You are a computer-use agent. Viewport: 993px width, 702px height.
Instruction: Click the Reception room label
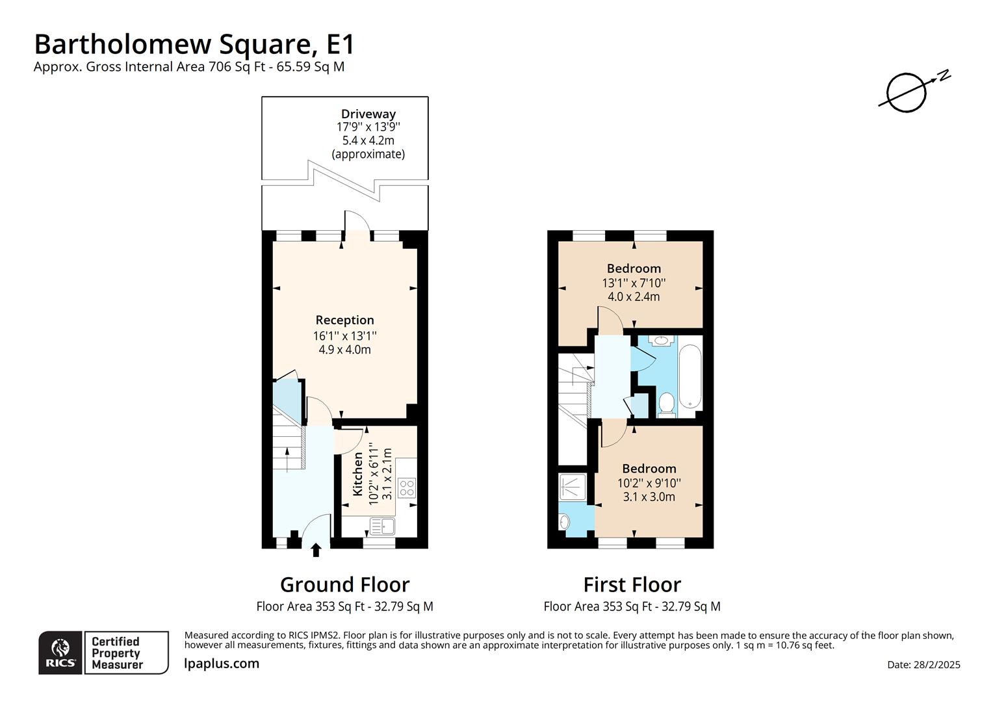coord(344,320)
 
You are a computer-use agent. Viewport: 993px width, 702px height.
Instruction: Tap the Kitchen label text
coord(358,474)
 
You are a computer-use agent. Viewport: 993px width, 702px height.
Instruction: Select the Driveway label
coord(368,114)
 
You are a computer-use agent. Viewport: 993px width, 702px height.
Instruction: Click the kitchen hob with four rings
coord(407,487)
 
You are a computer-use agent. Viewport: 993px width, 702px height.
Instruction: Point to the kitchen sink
coord(382,525)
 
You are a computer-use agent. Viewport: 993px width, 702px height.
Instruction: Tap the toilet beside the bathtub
coord(666,403)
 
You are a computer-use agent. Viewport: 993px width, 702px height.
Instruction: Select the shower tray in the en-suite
coord(573,487)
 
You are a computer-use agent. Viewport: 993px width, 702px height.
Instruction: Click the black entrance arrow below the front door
coord(316,551)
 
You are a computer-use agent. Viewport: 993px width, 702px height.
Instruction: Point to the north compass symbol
coord(908,92)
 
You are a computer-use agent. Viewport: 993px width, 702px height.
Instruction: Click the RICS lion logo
coord(60,652)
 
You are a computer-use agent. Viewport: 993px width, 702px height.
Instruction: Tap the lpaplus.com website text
coord(222,664)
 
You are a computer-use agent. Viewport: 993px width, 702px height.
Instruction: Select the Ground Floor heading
coord(344,584)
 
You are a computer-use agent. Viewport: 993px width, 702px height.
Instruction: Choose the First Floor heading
coord(632,584)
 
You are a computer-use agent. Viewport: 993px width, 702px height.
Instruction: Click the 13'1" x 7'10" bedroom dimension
coord(634,283)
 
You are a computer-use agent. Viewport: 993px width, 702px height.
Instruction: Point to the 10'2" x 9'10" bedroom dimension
coord(649,483)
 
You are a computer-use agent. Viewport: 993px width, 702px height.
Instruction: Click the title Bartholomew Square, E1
coord(194,44)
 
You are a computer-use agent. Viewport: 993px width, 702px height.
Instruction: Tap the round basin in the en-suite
coord(564,521)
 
